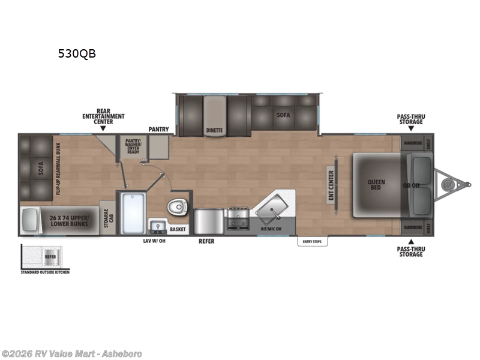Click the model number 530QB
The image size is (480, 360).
[x=76, y=53]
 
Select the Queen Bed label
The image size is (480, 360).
[x=376, y=184]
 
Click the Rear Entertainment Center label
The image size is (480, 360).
[x=103, y=116]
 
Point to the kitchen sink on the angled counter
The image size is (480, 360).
[x=274, y=208]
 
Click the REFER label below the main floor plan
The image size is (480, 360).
[x=206, y=241]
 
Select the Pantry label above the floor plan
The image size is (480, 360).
[x=159, y=129]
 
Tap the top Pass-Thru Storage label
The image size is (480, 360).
[x=410, y=119]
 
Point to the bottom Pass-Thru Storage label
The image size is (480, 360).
[x=410, y=251]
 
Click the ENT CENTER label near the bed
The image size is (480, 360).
[x=330, y=185]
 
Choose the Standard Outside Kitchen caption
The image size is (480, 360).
[x=45, y=272]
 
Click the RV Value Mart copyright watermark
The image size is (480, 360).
[x=72, y=353]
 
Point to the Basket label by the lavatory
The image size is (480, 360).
[x=178, y=229]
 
